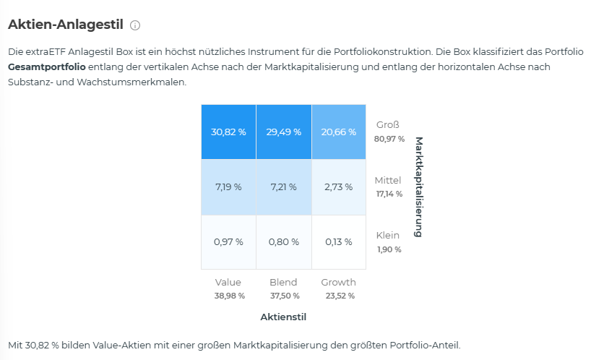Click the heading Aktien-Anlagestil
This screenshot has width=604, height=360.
[65, 25]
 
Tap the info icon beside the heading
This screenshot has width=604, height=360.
[135, 25]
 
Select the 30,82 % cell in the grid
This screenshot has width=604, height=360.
[228, 132]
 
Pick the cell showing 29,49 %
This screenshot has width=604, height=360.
[284, 132]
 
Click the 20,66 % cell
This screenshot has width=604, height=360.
[339, 132]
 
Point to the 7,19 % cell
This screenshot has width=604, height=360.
[228, 187]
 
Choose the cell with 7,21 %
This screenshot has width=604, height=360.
[284, 187]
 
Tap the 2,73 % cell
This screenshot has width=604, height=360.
[339, 187]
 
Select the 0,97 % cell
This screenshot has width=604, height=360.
[228, 242]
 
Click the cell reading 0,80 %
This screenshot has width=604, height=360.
[284, 242]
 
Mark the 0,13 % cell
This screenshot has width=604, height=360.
[339, 242]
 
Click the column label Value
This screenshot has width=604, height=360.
[228, 283]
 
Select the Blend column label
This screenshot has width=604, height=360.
[283, 283]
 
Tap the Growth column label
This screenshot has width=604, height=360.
[339, 283]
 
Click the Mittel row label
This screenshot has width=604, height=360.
[389, 180]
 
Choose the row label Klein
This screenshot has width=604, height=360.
[388, 236]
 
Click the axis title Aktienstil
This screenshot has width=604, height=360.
[283, 317]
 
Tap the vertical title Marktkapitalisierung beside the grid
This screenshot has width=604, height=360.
[417, 187]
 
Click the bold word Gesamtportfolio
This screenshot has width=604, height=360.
[47, 67]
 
